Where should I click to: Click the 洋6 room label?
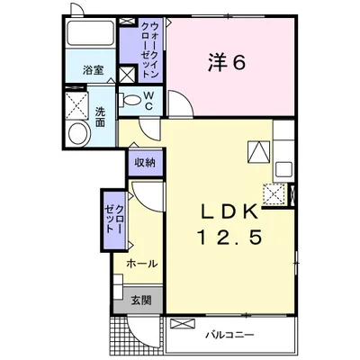click(227, 62)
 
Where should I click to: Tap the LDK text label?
click(229, 212)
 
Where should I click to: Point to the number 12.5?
click(229, 236)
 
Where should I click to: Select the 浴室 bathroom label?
click(94, 70)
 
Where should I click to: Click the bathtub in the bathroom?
click(91, 33)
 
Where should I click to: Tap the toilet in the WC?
click(130, 100)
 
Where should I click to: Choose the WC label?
click(149, 101)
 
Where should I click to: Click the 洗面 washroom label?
click(100, 117)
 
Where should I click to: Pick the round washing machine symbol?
click(79, 134)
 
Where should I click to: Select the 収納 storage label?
click(145, 163)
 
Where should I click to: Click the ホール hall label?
click(142, 264)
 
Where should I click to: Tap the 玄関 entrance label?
click(141, 300)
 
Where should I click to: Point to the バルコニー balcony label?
click(229, 335)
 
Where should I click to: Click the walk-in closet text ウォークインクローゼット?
click(149, 49)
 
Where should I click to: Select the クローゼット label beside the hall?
click(114, 220)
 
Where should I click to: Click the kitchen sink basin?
click(283, 170)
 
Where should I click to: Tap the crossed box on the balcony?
click(183, 324)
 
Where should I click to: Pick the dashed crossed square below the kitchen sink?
click(274, 193)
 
